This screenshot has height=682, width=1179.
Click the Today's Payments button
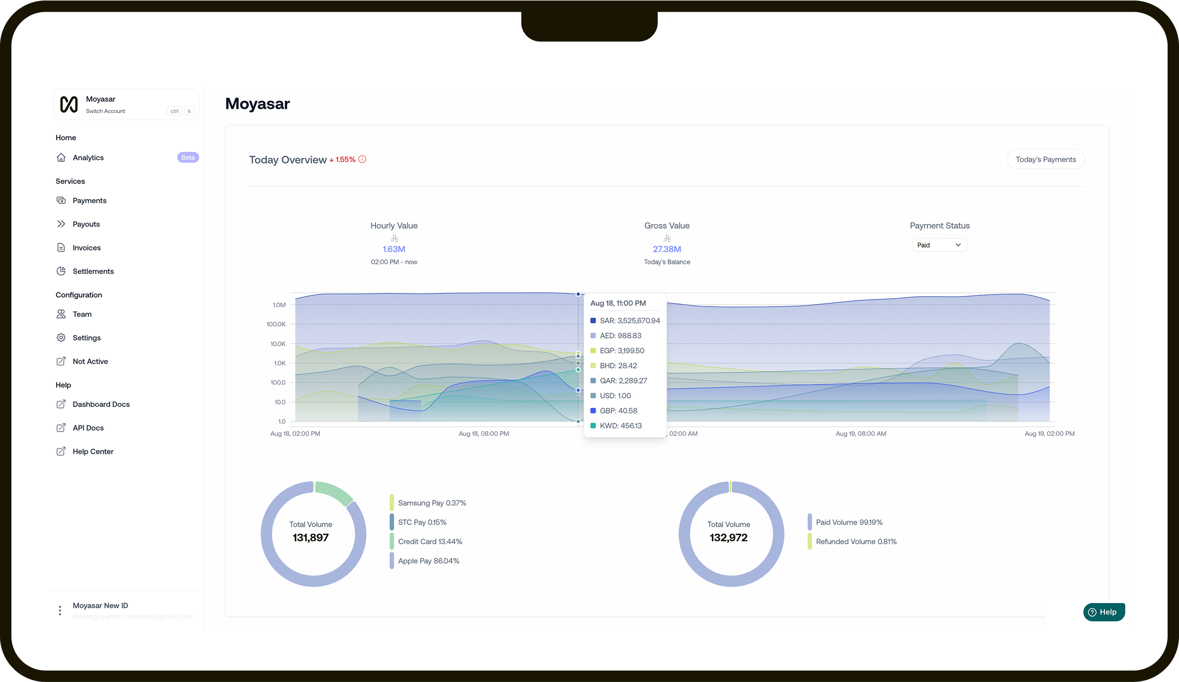[x=1045, y=160]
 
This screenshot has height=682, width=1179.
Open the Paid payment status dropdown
[x=939, y=245]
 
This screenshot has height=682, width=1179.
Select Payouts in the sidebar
[x=86, y=224]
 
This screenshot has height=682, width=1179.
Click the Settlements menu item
[x=93, y=271]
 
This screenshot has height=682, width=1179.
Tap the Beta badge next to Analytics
[x=188, y=158]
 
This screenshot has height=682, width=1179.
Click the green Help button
[x=1103, y=612]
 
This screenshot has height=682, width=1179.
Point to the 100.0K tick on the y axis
[x=276, y=324]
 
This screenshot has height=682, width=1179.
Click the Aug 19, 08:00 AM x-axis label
[x=860, y=434]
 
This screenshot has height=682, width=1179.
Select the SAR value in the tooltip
[x=629, y=321]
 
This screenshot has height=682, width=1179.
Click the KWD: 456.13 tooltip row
[x=620, y=426]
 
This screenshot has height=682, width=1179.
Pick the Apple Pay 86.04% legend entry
[x=428, y=561]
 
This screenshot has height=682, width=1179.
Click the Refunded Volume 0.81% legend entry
[x=856, y=542]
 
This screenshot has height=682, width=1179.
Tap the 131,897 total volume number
[x=310, y=538]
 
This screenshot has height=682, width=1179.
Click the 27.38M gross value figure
[x=667, y=250]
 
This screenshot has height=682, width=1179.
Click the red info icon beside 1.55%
[x=362, y=160]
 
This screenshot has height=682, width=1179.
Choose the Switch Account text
[x=106, y=111]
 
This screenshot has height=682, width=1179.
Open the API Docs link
[x=88, y=428]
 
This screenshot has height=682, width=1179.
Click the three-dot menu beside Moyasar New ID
[x=60, y=611]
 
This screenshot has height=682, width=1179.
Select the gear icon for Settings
[x=61, y=338]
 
